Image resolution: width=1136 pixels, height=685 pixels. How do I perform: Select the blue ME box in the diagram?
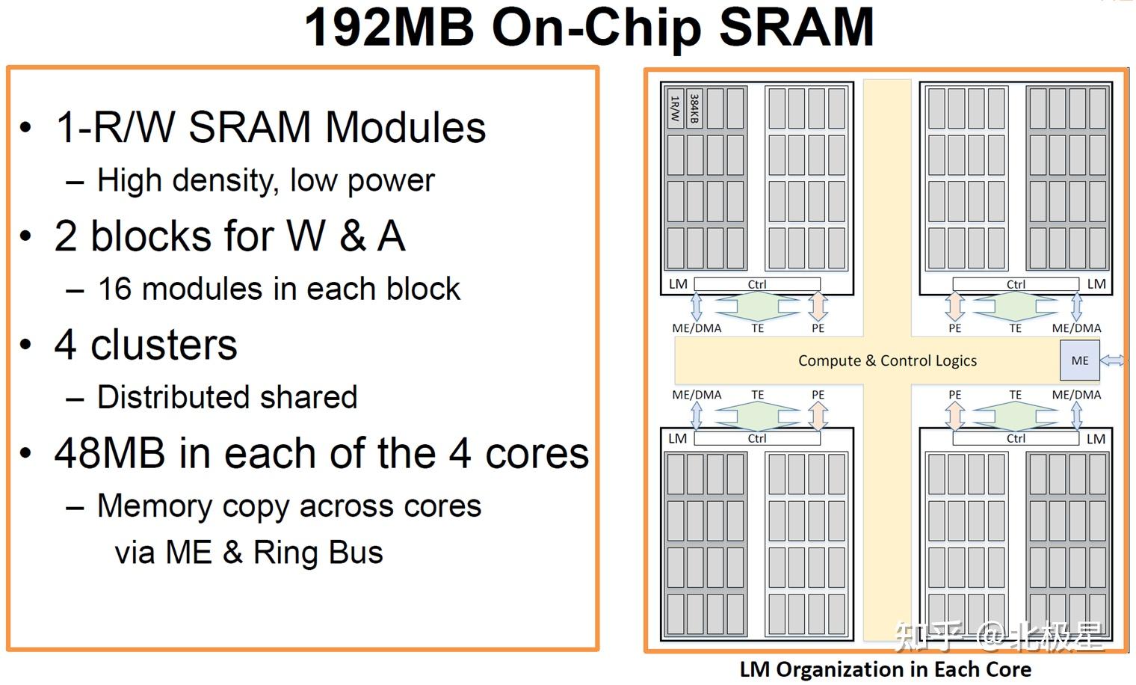(1080, 360)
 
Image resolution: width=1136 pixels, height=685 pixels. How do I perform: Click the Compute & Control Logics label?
(887, 360)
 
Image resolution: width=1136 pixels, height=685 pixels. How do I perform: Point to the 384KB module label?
(694, 108)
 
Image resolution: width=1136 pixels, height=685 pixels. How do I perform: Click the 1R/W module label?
(674, 108)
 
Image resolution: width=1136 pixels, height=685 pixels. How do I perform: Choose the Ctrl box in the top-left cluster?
(756, 284)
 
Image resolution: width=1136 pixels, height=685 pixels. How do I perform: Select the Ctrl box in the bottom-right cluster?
(1015, 438)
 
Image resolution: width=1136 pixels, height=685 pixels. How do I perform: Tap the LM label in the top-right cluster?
(1096, 284)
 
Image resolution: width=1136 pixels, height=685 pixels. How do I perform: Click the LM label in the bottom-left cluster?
(678, 438)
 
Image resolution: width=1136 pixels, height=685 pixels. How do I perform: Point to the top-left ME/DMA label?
(697, 328)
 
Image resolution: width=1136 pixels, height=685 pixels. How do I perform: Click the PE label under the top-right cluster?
(955, 328)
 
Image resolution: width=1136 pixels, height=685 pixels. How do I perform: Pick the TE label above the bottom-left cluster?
(757, 395)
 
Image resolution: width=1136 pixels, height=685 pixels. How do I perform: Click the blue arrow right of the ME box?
(1113, 360)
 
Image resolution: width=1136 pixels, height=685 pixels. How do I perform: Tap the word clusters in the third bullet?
(164, 345)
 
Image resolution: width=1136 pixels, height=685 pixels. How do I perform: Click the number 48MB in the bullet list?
(110, 453)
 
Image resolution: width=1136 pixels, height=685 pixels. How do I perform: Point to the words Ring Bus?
(318, 552)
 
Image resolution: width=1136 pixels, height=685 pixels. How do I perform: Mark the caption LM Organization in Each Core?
(886, 670)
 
